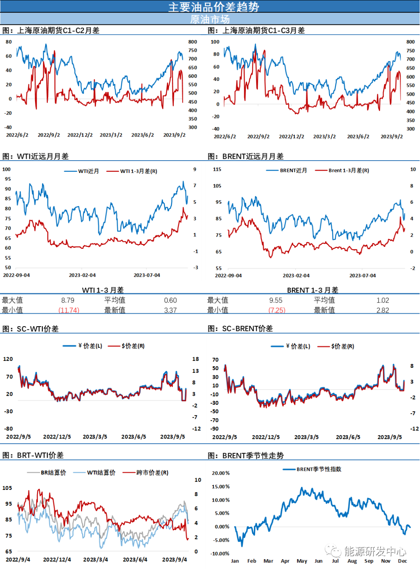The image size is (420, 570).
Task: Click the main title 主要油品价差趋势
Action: [x=213, y=7]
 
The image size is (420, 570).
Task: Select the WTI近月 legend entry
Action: [x=81, y=171]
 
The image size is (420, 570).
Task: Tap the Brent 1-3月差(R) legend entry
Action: [x=342, y=170]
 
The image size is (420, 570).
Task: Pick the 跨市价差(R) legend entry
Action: [x=145, y=472]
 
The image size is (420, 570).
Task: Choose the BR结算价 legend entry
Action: [x=47, y=472]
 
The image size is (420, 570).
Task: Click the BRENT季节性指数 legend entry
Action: [x=312, y=469]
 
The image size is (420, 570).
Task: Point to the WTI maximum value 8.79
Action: [x=68, y=300]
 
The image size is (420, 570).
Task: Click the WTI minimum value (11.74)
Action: [x=69, y=310]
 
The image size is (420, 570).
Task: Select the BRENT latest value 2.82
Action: [x=383, y=310]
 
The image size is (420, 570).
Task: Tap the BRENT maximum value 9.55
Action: [x=276, y=300]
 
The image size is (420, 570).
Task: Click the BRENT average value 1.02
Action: [x=383, y=300]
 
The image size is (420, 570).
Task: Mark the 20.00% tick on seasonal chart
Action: [x=220, y=473]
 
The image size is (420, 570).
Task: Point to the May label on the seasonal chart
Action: [x=302, y=561]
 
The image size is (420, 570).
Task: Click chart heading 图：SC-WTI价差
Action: [x=31, y=329]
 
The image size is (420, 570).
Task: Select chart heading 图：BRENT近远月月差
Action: [x=246, y=156]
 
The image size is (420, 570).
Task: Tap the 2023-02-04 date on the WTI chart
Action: [x=82, y=275]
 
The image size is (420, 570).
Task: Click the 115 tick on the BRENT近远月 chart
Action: [x=217, y=169]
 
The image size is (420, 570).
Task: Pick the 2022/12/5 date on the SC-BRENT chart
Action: [x=266, y=437]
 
